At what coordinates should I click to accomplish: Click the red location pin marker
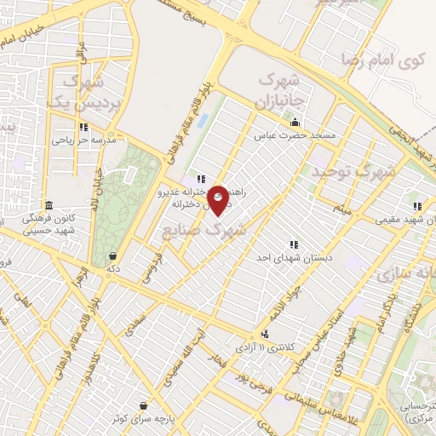click(x=219, y=202)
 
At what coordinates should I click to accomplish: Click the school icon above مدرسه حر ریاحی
click(x=83, y=128)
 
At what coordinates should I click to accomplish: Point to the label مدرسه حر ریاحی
click(x=83, y=141)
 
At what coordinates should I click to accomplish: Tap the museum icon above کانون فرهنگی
click(x=49, y=206)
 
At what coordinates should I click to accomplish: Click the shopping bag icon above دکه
click(x=112, y=255)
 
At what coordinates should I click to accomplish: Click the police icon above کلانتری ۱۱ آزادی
click(x=267, y=334)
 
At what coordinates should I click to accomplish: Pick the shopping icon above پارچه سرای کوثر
click(x=141, y=405)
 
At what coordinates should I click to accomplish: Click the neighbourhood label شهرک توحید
click(x=353, y=173)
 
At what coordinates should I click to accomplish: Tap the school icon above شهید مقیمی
click(x=417, y=205)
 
